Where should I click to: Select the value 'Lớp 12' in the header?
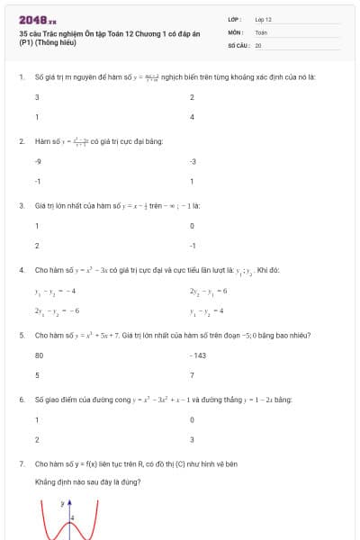point(263,19)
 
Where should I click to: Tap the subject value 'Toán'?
point(261,31)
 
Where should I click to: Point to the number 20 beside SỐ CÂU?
point(258,44)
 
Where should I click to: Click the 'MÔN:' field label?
point(236,31)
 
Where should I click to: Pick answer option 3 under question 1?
point(37,96)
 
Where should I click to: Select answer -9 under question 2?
point(38,161)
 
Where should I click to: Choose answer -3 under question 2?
point(193,161)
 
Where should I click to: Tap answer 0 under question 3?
point(193,226)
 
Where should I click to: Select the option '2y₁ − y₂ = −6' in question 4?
point(57,310)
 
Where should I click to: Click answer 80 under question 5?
point(39,355)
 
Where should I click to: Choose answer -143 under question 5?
point(199,355)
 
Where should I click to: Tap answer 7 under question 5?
point(193,375)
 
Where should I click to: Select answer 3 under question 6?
point(193,440)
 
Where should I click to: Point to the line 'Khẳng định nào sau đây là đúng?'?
point(87,481)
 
